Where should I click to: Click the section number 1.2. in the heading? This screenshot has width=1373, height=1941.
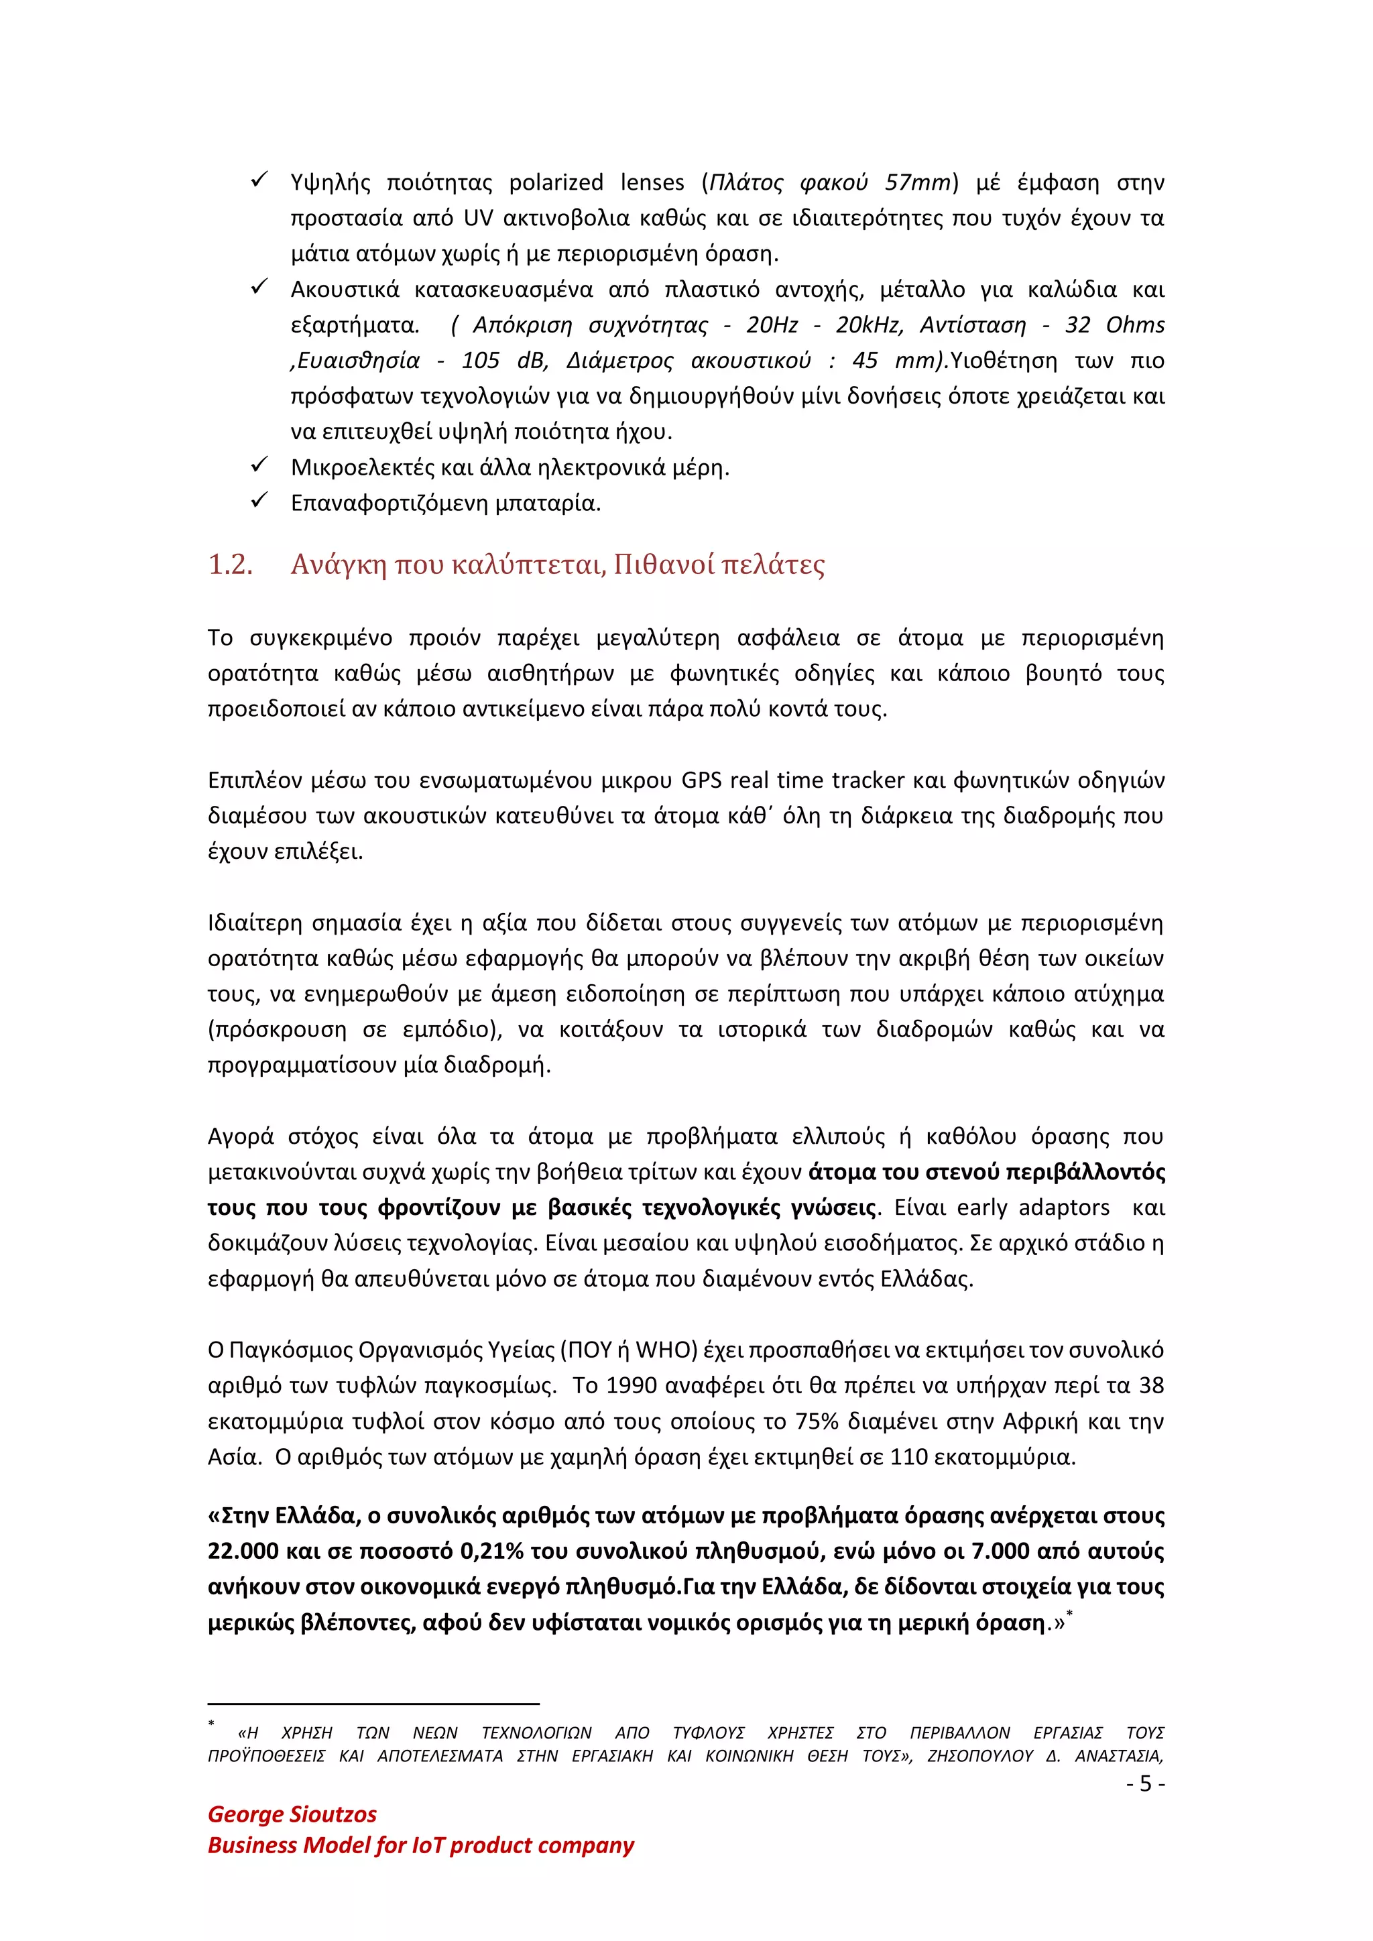[x=230, y=565]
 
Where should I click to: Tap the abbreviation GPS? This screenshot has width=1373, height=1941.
[x=701, y=780]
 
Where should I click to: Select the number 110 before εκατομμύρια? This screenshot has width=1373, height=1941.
[x=908, y=1457]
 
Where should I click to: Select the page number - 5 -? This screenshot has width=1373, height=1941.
[x=1146, y=1783]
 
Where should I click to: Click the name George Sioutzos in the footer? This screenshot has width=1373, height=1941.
[x=292, y=1814]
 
